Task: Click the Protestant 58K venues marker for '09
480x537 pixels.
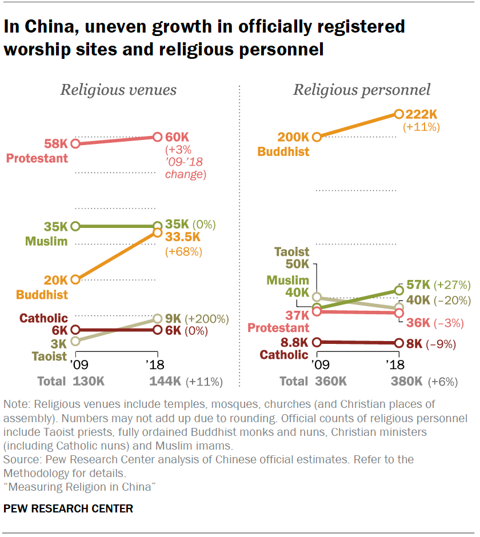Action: point(75,143)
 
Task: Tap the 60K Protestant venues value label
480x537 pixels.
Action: point(177,137)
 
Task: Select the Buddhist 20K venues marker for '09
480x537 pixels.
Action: point(75,279)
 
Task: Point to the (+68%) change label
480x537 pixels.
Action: point(183,251)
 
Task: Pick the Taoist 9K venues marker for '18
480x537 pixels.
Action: point(158,318)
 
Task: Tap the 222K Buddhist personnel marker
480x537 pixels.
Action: point(399,114)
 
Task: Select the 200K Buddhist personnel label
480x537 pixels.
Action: point(293,137)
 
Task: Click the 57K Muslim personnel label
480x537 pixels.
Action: point(418,284)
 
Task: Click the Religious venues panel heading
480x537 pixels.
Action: point(118,90)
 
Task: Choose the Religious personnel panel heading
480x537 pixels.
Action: point(362,90)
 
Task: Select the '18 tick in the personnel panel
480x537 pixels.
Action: point(395,364)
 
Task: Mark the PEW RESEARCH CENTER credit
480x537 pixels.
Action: point(69,508)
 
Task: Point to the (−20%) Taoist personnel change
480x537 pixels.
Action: point(452,300)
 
